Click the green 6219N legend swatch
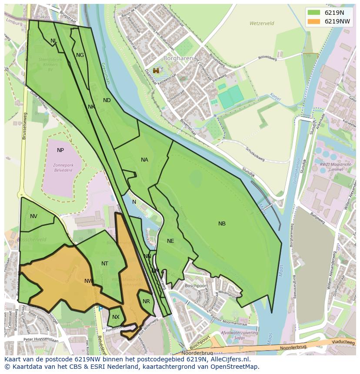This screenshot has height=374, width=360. pyautogui.click(x=313, y=13)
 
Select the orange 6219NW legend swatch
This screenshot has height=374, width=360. pyautogui.click(x=313, y=21)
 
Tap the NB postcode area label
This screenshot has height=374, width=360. pyautogui.click(x=222, y=224)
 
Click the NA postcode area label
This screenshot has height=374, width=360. pyautogui.click(x=144, y=160)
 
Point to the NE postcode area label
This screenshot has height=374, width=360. pyautogui.click(x=170, y=241)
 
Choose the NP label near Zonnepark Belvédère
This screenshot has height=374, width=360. pyautogui.click(x=60, y=150)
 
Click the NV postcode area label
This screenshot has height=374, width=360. pyautogui.click(x=33, y=216)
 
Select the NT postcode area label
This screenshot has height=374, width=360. pyautogui.click(x=105, y=264)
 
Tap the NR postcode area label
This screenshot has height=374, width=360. pyautogui.click(x=146, y=301)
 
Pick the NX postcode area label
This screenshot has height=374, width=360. pyautogui.click(x=116, y=317)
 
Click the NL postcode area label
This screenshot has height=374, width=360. pyautogui.click(x=53, y=41)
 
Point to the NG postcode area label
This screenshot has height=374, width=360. pyautogui.click(x=80, y=55)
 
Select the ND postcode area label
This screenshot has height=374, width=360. pyautogui.click(x=107, y=100)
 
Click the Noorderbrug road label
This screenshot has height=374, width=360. pyautogui.click(x=292, y=348)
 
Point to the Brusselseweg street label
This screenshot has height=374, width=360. pyautogui.click(x=25, y=126)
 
